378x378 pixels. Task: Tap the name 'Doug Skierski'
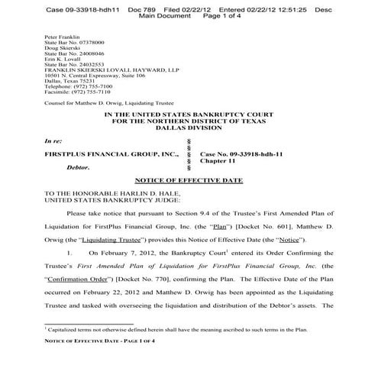click(62, 49)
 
